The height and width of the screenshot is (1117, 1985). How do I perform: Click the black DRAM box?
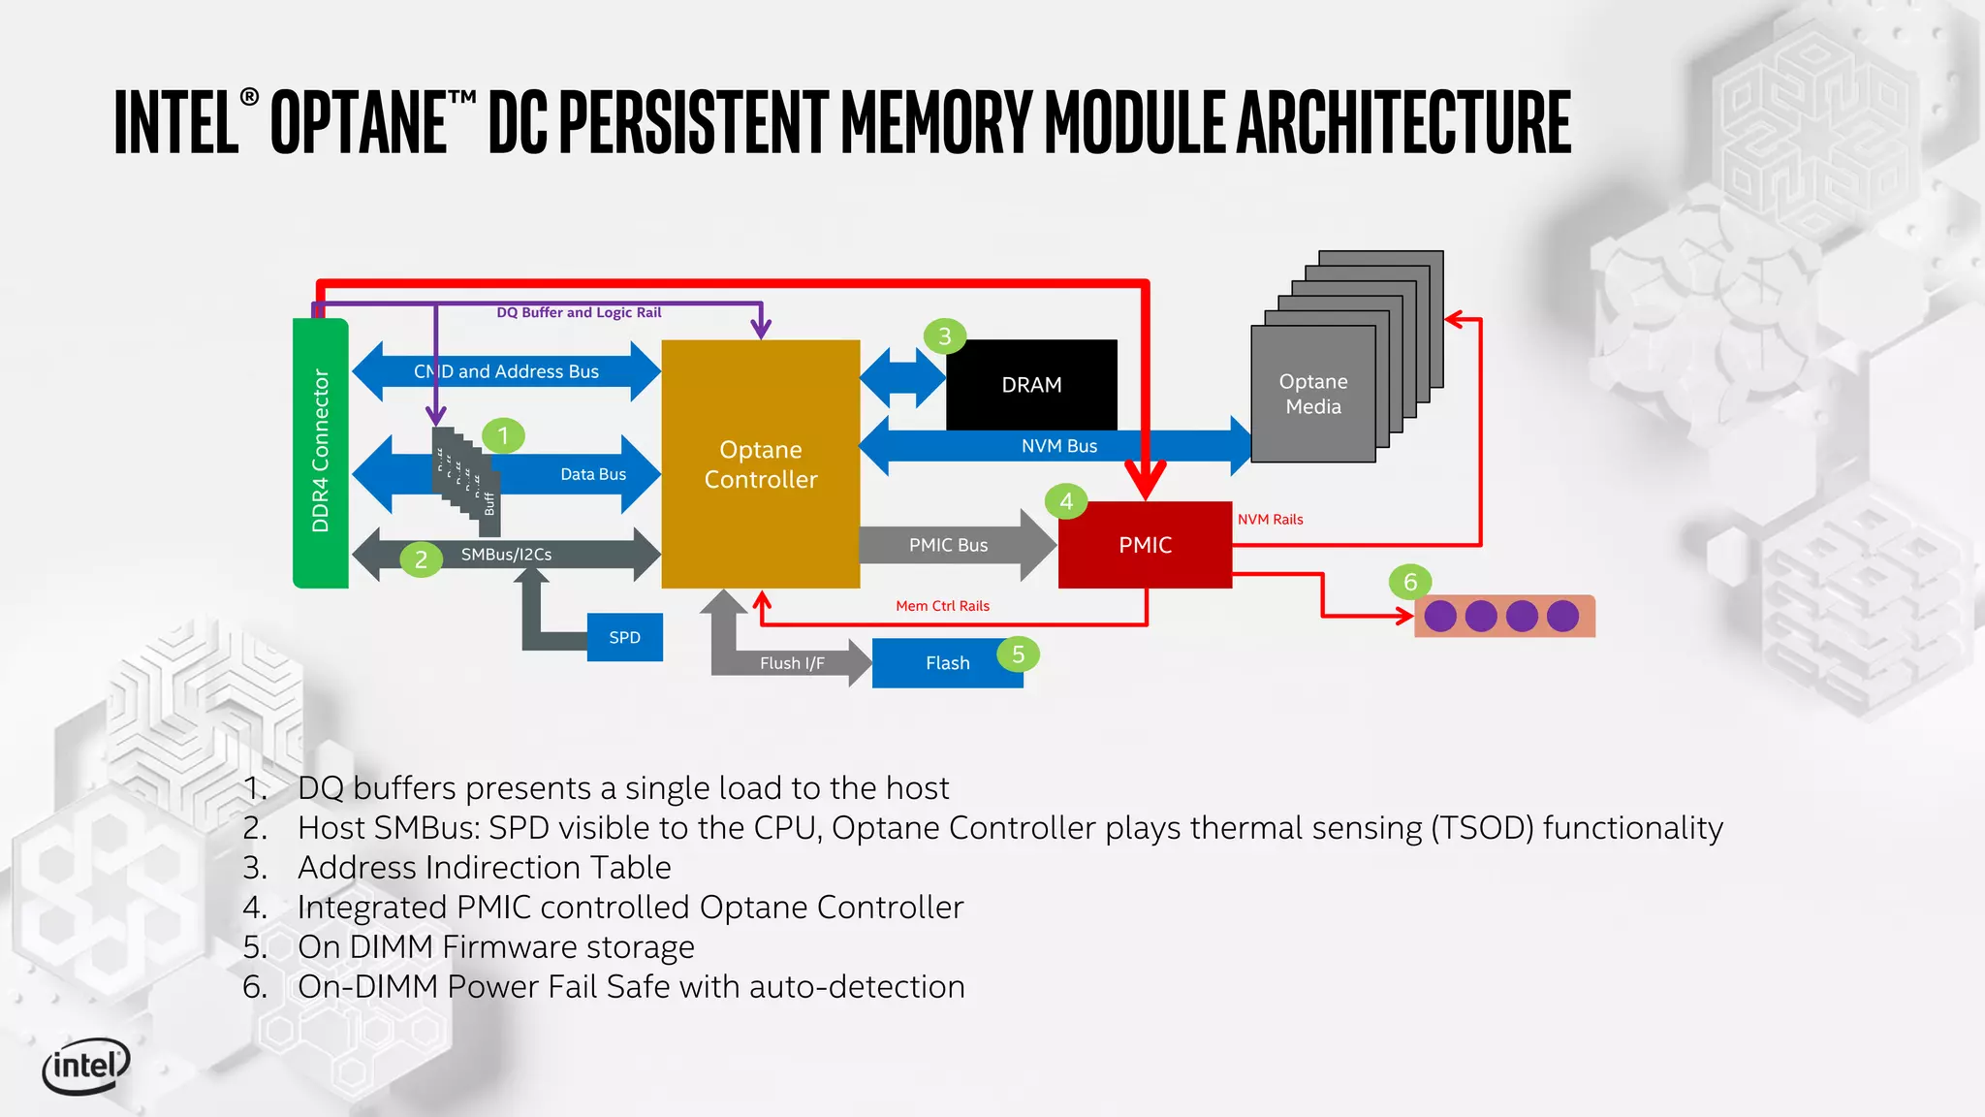click(x=1031, y=385)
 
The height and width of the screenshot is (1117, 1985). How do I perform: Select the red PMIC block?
click(x=1145, y=545)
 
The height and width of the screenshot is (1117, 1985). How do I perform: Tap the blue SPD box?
click(x=624, y=637)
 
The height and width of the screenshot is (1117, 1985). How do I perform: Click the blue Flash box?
click(x=947, y=663)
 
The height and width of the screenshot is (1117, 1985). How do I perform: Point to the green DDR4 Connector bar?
click(x=320, y=452)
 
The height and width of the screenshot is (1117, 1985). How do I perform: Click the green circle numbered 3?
click(x=944, y=336)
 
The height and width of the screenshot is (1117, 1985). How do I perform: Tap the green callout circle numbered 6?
click(x=1410, y=582)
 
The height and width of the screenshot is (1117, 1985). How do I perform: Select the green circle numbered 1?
click(x=503, y=435)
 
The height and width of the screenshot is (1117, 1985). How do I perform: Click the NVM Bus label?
click(x=1058, y=446)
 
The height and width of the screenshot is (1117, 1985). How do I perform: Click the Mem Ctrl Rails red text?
click(x=942, y=606)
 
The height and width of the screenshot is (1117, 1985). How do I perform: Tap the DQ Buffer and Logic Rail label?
click(x=579, y=312)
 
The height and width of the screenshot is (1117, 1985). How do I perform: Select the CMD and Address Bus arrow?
click(x=506, y=371)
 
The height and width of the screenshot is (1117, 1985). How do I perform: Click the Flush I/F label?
click(x=792, y=663)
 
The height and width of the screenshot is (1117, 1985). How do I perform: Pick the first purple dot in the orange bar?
click(x=1440, y=616)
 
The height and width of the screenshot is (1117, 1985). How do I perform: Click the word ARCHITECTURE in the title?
click(x=1403, y=122)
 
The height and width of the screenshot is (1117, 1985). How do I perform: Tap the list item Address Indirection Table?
click(x=484, y=867)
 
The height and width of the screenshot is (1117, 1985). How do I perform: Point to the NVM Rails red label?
click(x=1270, y=520)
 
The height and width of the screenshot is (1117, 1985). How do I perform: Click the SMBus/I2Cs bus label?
click(x=506, y=555)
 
